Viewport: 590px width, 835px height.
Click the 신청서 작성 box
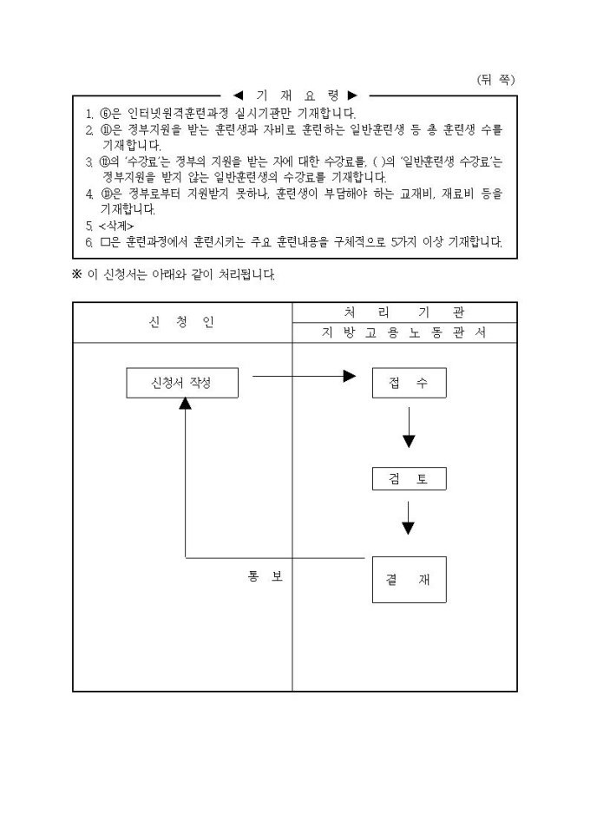[x=181, y=383]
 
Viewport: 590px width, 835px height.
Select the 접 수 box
[x=409, y=383]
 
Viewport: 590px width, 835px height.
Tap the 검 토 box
[x=409, y=479]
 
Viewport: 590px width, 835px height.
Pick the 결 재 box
[x=409, y=580]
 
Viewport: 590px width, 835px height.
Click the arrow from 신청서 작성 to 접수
[x=304, y=376]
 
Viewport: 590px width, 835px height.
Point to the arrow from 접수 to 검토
[x=409, y=426]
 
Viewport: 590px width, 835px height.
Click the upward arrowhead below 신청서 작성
[x=185, y=405]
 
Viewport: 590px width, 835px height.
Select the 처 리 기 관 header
[x=404, y=312]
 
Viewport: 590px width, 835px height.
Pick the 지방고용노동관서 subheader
[x=404, y=333]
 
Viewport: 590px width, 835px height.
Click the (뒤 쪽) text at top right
[x=495, y=79]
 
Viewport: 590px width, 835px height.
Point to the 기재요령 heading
[x=295, y=95]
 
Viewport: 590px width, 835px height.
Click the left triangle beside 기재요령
[x=238, y=95]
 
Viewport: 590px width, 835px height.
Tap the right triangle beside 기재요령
[x=352, y=95]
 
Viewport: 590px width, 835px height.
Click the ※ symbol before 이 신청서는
[x=76, y=274]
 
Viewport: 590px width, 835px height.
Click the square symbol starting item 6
[x=103, y=241]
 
